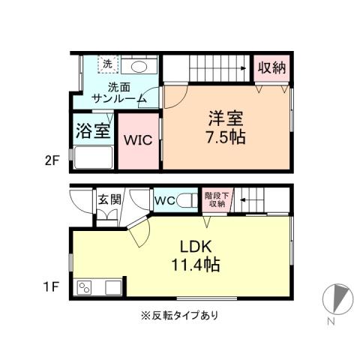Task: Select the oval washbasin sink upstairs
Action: (x=136, y=66)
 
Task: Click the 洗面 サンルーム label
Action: (x=112, y=91)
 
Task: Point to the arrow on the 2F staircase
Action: (x=242, y=69)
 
